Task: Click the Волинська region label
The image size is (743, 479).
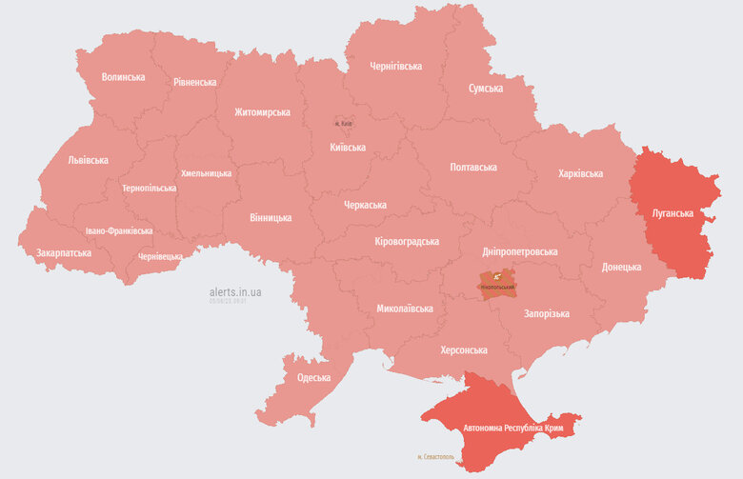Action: tap(123, 77)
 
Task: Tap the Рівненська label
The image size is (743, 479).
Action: tap(194, 82)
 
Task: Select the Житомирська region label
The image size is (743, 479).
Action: tap(262, 112)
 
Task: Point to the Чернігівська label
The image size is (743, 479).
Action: tap(395, 67)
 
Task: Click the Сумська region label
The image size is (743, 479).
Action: tap(485, 89)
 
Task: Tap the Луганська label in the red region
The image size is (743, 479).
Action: tap(672, 213)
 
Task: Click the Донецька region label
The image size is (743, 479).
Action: tap(620, 268)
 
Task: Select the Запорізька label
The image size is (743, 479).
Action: tap(546, 314)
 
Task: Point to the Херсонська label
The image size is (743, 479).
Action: tap(463, 350)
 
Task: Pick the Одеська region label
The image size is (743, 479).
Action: tap(313, 378)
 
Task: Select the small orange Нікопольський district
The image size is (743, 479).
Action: tap(497, 285)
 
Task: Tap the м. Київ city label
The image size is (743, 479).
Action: tap(346, 124)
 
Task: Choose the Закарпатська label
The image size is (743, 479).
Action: tap(64, 253)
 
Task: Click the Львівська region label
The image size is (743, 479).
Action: tap(88, 161)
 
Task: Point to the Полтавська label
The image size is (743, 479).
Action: tap(473, 168)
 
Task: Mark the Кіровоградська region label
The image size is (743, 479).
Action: tap(407, 242)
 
